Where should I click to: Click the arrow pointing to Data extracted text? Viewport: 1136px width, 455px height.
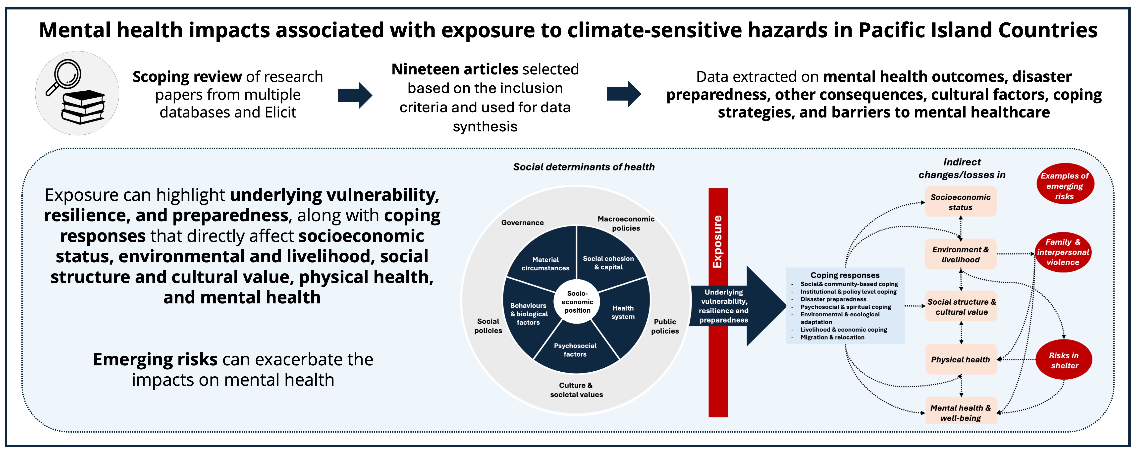[624, 94]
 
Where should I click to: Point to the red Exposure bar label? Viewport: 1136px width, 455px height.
[717, 242]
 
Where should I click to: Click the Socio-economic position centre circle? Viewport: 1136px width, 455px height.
[577, 302]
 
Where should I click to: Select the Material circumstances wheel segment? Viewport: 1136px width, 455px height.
[545, 260]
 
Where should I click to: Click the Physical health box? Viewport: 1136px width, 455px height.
[961, 359]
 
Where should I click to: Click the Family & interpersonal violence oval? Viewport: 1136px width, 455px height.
[1063, 252]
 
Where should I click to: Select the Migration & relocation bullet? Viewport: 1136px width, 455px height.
[832, 337]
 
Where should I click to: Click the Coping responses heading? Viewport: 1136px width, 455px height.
[845, 275]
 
